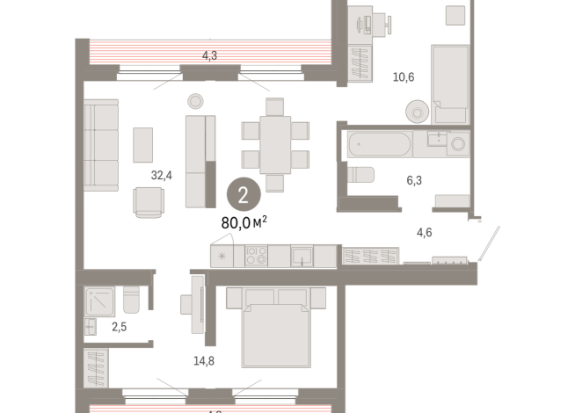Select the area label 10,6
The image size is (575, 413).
point(404,78)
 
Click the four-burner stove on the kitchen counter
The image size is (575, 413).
point(257,256)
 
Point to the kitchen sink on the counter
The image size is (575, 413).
point(302,256)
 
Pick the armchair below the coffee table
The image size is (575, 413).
point(149,202)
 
